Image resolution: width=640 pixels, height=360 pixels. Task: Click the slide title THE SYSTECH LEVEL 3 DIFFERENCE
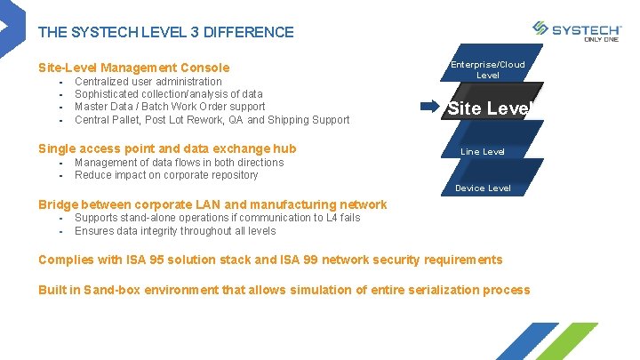coord(165,33)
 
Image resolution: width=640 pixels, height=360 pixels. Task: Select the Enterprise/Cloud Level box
coord(487,69)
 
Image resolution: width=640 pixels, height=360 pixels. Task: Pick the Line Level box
coord(483,152)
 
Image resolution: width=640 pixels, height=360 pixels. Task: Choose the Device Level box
coord(483,188)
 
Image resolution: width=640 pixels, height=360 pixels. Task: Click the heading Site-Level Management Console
coord(133,68)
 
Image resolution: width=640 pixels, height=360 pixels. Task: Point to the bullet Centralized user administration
coord(148,82)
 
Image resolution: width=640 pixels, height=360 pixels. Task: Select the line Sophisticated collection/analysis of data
coord(168,94)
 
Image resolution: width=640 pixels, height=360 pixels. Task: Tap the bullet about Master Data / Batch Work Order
coord(170,107)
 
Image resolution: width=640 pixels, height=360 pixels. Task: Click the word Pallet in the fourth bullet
coord(135,120)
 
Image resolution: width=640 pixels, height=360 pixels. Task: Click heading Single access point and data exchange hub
coord(167,148)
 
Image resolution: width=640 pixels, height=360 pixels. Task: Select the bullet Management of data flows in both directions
coord(179,163)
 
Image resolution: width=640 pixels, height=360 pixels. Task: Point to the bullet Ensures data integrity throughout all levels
coord(175,231)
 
